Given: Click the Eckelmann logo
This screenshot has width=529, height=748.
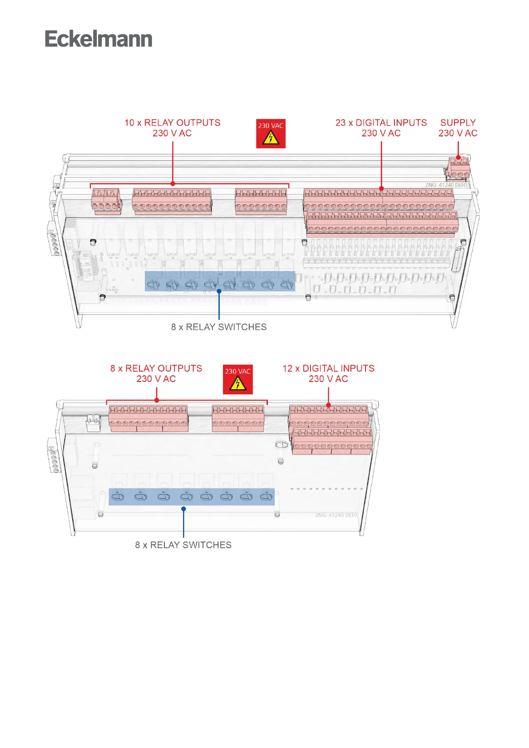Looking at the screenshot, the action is pos(98,39).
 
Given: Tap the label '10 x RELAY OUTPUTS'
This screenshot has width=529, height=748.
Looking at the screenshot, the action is pos(172,123).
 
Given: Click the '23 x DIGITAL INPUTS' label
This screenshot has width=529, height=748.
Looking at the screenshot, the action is pos(381,123).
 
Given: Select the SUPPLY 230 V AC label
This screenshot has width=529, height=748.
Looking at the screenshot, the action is pos(458,128).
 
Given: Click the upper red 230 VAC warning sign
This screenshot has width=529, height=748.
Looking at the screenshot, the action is pos(270,133).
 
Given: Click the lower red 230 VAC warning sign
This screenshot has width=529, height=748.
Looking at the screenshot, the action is pos(238,379).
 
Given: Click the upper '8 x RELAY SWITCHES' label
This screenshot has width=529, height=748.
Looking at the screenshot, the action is pos(219,327).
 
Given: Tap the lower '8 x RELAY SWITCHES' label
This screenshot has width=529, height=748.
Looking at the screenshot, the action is pos(183,545).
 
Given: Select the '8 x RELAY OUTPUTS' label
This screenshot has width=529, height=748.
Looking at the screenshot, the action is pos(156,369).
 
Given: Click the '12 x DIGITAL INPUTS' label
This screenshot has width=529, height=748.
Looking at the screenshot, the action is pos(328,369).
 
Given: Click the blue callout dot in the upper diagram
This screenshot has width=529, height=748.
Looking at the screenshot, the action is pos(219,291).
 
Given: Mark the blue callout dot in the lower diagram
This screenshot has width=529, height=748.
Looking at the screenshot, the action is pos(183,509).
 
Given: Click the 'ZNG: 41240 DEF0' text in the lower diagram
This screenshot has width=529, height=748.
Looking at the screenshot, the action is pos(336,515).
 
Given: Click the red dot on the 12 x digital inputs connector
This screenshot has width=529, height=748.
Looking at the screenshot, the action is pos(328,405).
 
